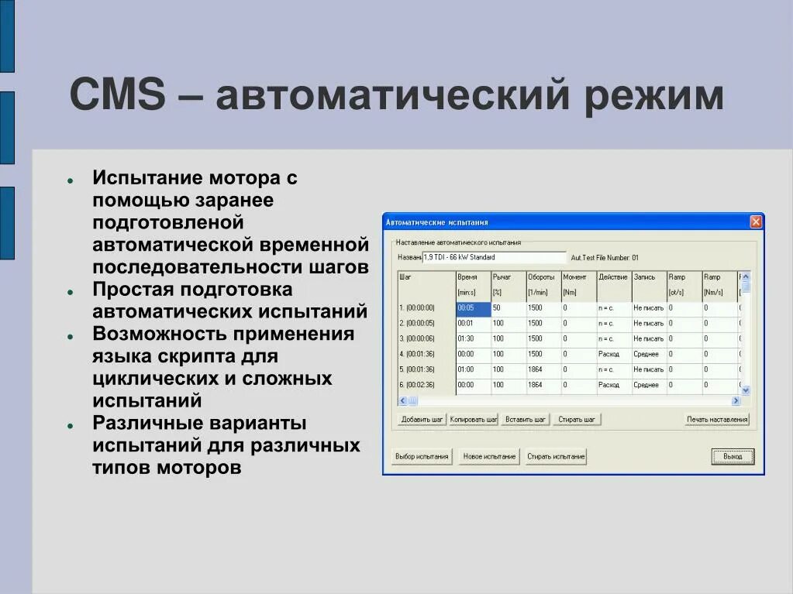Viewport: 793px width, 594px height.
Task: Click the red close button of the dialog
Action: [756, 222]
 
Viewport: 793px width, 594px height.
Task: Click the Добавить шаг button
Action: [422, 420]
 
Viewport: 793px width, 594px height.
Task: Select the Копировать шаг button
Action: [473, 420]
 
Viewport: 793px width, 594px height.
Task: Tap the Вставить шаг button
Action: [525, 420]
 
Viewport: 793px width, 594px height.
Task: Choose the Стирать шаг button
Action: [578, 420]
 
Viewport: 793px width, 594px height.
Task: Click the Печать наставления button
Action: [717, 420]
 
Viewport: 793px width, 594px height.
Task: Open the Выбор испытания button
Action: [422, 457]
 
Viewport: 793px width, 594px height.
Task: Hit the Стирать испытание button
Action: [556, 457]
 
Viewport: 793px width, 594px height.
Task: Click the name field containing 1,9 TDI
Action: [495, 257]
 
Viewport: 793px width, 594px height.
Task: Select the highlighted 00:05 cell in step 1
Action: [473, 308]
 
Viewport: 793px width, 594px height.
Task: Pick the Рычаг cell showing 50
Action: [507, 308]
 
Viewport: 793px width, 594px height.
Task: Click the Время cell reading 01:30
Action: [473, 338]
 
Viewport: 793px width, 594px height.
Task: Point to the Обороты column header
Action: [541, 276]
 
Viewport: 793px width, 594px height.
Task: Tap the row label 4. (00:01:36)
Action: [426, 354]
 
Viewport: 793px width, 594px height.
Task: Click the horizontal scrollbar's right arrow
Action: [736, 400]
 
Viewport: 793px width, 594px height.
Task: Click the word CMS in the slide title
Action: [117, 96]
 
